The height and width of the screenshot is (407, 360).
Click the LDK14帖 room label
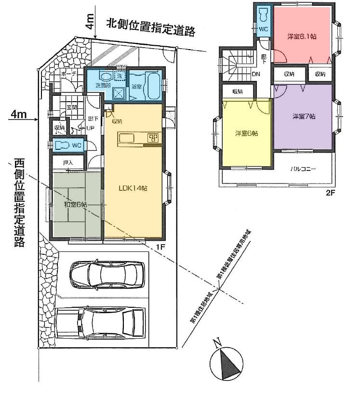pyautogui.click(x=133, y=188)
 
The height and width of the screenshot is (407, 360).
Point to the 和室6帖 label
pyautogui.click(x=76, y=205)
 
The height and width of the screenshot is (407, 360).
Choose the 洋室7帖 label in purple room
pyautogui.click(x=304, y=117)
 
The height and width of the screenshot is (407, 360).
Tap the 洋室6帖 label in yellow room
pyautogui.click(x=246, y=133)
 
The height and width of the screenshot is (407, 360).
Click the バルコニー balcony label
pyautogui.click(x=303, y=169)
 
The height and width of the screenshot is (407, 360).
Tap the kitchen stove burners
pyautogui.click(x=153, y=138)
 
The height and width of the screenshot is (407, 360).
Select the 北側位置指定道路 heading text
pyautogui.click(x=150, y=27)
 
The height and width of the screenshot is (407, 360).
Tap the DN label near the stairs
pyautogui.click(x=257, y=75)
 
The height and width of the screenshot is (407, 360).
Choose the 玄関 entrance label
pyautogui.click(x=72, y=107)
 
